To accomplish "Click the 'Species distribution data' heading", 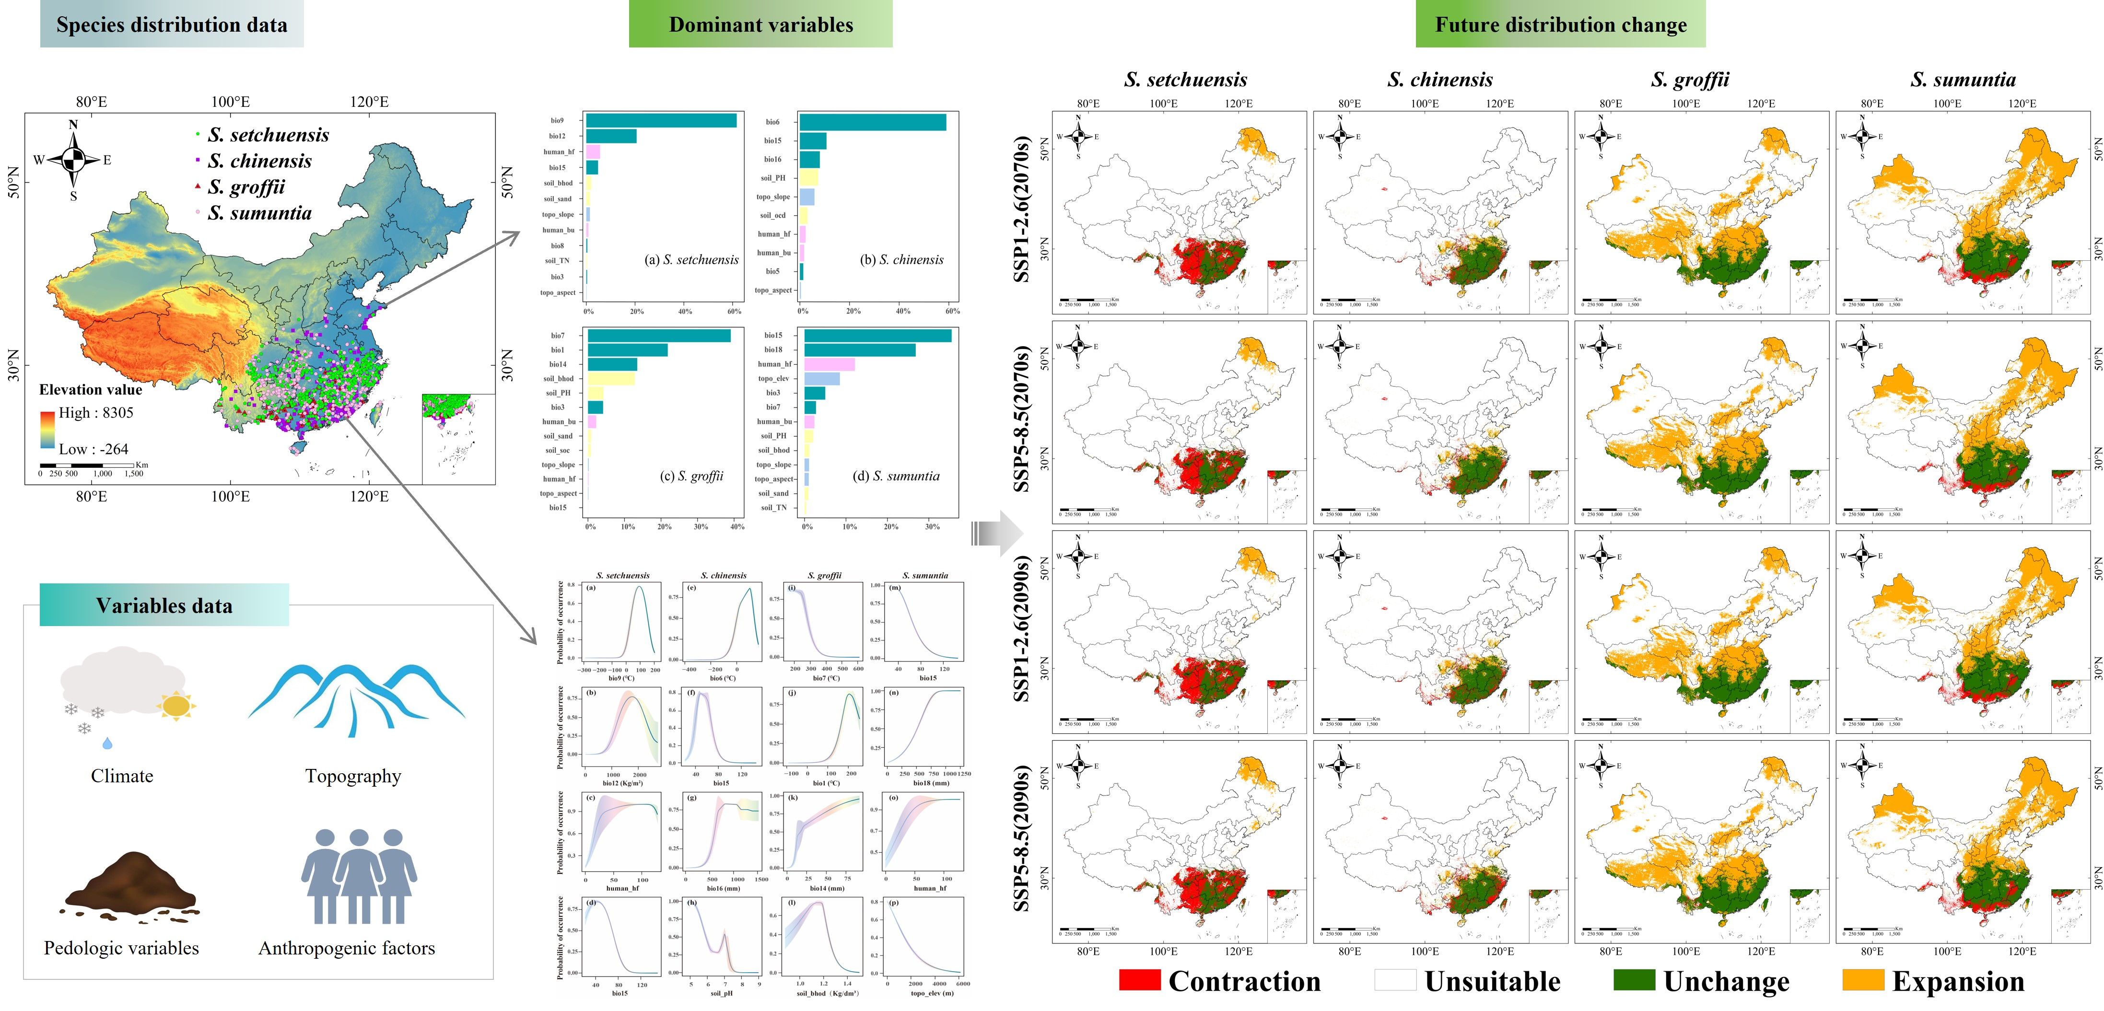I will click(172, 24).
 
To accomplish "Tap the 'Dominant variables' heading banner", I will click(760, 24).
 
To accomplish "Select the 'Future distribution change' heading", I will click(1560, 24).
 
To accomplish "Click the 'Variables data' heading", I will click(164, 605).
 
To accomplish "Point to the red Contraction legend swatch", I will click(1139, 980).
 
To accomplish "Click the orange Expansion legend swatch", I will click(1863, 980).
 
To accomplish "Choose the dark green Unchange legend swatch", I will click(1634, 980).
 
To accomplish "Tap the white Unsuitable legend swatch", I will click(1395, 980).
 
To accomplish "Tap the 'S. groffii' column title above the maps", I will click(1690, 79).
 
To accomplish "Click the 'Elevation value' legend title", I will click(91, 390).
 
